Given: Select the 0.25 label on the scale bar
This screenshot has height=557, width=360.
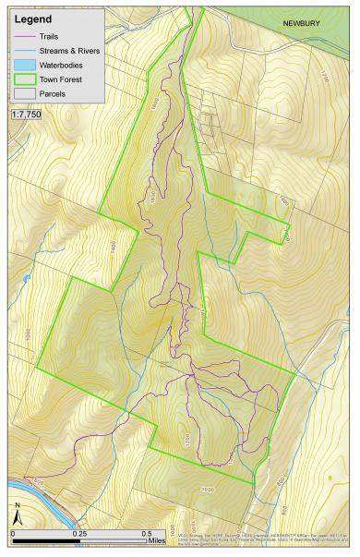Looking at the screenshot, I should (x=80, y=533).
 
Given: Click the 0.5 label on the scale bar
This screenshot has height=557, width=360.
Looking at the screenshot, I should (x=146, y=533).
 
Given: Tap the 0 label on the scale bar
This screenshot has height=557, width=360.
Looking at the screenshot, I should (x=13, y=533).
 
